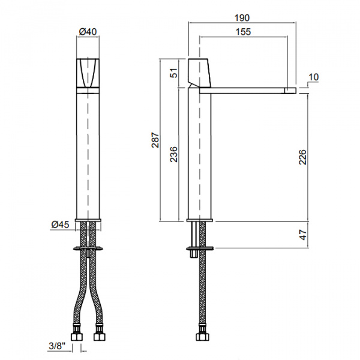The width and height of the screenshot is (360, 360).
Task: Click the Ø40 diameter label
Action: (x=88, y=31)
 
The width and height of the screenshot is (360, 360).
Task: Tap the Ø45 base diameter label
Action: (x=60, y=224)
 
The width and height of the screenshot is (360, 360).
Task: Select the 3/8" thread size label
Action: (x=57, y=346)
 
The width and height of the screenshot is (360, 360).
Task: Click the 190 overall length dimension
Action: (x=242, y=17)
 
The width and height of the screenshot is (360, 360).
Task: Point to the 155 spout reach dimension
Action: (x=244, y=32)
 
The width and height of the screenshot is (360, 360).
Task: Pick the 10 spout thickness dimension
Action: (x=314, y=77)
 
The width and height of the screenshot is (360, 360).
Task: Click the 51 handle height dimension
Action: (x=174, y=73)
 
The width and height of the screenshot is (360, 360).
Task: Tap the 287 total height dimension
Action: (x=155, y=140)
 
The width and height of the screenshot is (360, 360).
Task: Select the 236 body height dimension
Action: (x=174, y=154)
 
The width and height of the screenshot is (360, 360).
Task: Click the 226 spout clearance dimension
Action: (x=302, y=157)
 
